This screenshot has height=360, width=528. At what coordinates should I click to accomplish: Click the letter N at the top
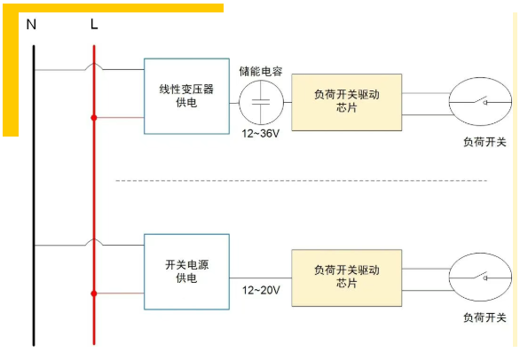[31, 25]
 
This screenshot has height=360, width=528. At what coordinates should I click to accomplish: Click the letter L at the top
[94, 24]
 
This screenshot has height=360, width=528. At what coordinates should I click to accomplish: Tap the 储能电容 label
[261, 71]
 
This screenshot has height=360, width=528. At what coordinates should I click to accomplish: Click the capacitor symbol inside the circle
[261, 102]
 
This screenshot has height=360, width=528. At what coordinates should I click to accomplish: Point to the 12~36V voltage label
[261, 134]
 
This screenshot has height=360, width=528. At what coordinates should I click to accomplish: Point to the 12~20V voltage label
[261, 290]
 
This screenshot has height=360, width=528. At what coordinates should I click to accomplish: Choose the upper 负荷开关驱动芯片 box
[346, 102]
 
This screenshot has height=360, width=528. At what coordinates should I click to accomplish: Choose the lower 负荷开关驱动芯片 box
[346, 278]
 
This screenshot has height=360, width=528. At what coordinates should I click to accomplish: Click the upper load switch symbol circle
[450, 102]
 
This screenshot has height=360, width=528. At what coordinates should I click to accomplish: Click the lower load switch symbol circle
[450, 278]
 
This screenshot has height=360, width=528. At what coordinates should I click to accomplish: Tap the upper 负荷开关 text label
[485, 142]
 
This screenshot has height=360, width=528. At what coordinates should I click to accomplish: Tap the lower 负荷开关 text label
[485, 317]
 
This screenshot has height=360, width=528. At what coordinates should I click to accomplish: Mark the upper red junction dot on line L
[94, 118]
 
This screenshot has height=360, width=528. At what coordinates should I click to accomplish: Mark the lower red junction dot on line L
[94, 293]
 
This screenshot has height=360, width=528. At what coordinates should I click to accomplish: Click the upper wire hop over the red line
[94, 63]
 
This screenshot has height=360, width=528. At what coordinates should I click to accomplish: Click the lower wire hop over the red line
[94, 239]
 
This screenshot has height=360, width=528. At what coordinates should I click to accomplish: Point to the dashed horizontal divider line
[302, 181]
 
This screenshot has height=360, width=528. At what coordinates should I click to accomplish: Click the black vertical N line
[34, 195]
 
